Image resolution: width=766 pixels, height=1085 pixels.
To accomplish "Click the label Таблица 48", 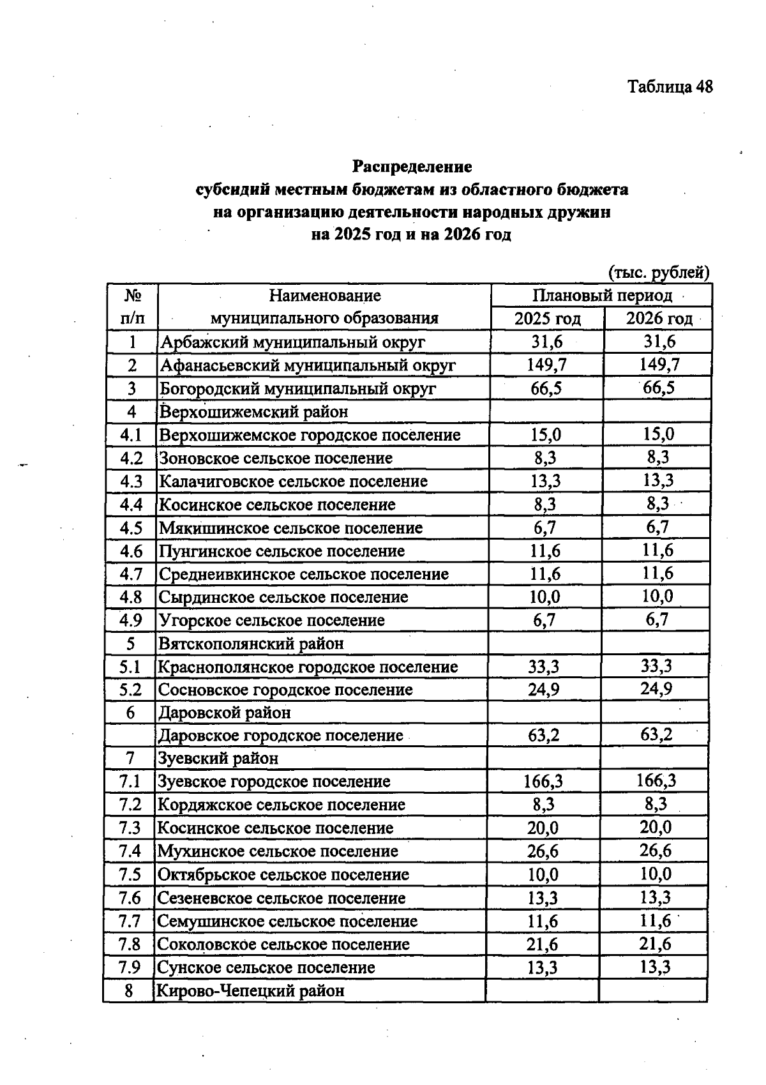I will click(x=670, y=87).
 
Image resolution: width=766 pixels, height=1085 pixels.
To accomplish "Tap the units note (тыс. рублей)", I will click(x=658, y=273).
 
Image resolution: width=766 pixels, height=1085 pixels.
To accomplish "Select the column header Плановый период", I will click(x=602, y=296).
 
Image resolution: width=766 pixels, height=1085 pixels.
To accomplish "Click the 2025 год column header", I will click(x=547, y=319).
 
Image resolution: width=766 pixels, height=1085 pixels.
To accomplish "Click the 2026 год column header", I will click(x=658, y=319).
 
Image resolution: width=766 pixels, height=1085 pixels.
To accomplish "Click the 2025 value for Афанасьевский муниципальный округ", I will click(x=546, y=365).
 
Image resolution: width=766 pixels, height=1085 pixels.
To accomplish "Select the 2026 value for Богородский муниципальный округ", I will click(x=659, y=388).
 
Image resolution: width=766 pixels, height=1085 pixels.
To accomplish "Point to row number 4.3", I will click(x=131, y=482).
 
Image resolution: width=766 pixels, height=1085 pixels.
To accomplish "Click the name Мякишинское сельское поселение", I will click(x=290, y=528).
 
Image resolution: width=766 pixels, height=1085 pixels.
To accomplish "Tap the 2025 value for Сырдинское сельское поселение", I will click(x=545, y=597).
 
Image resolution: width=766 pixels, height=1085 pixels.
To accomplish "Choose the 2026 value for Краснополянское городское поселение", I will click(x=656, y=666).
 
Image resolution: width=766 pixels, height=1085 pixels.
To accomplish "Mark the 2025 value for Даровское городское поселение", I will click(x=544, y=736).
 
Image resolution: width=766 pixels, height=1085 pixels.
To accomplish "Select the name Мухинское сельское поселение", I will click(x=278, y=851).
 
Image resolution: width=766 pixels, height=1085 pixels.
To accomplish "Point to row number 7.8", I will click(x=130, y=944).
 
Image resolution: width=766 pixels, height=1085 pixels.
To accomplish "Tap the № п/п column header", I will click(x=132, y=307).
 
